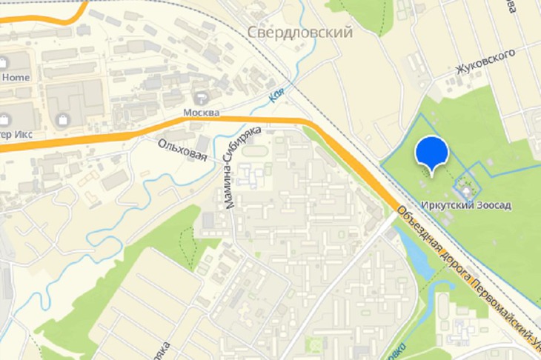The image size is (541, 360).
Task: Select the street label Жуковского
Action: coord(485,64)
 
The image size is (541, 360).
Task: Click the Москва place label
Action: coord(202,113)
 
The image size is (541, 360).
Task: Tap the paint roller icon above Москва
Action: coord(201,98)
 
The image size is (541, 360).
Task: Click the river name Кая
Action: coord(277,95)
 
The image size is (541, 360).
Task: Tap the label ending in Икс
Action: coord(15,134)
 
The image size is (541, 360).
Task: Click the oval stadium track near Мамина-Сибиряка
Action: coord(256,151)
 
